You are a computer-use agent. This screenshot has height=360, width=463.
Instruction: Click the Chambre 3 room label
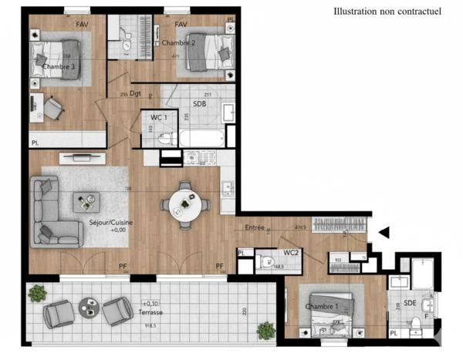59,67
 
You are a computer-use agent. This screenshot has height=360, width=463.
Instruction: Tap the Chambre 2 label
177,43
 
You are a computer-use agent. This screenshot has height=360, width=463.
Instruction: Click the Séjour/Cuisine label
107,222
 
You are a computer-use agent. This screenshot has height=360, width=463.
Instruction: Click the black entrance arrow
384,231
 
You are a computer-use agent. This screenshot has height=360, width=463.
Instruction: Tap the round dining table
184,204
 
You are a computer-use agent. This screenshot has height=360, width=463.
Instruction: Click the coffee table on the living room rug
86,203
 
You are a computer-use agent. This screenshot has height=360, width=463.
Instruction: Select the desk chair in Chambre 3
52,109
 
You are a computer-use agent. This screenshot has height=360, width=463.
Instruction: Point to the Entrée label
255,228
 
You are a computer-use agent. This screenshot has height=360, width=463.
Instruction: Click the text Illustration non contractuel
387,12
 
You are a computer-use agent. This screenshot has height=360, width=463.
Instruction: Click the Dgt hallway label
134,95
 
